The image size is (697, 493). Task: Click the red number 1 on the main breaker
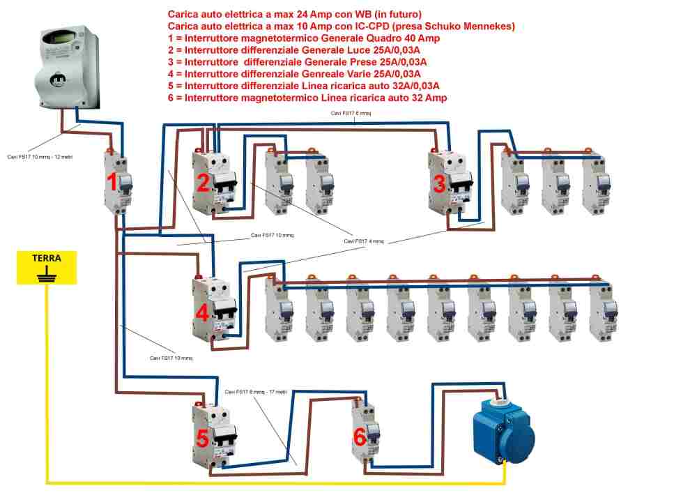112,183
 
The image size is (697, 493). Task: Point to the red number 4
202,313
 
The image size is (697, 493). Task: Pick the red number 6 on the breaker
359,438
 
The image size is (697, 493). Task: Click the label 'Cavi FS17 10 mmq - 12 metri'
40,157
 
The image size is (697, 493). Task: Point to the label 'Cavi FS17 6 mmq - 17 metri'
256,392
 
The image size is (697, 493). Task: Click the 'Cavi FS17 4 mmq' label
364,241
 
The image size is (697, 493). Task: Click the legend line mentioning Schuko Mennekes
342,26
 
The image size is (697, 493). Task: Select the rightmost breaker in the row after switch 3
595,183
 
